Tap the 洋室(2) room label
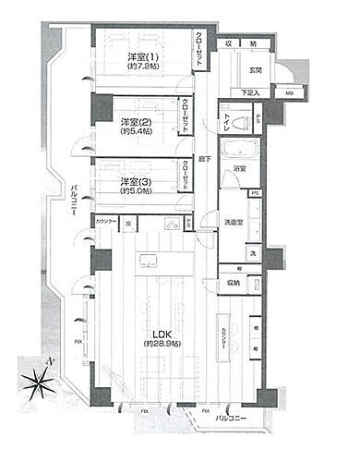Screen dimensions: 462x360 [x=136, y=123]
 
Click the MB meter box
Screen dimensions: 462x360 [x=291, y=93]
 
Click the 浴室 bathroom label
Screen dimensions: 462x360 [x=239, y=170]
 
